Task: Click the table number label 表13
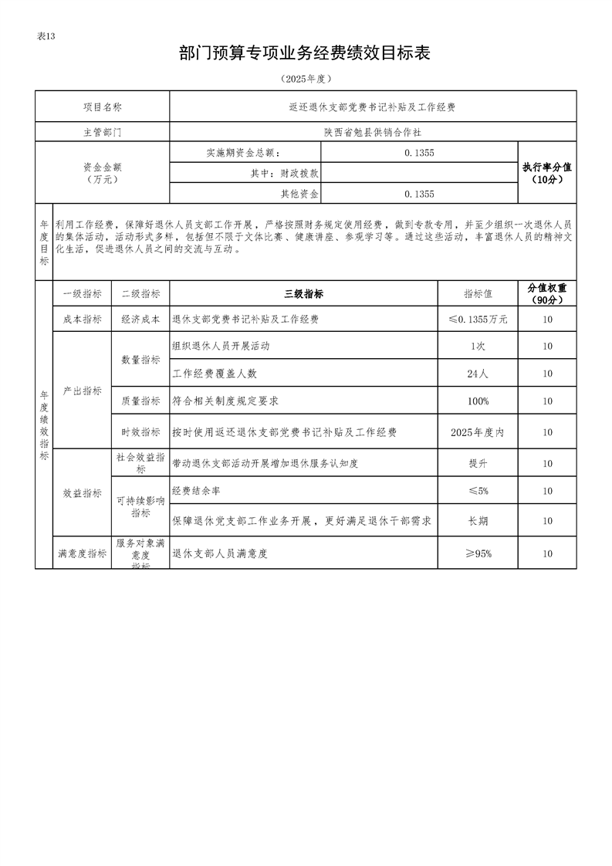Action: [46, 36]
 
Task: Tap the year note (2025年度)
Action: [306, 79]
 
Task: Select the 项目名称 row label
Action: [102, 107]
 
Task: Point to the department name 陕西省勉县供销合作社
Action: [372, 132]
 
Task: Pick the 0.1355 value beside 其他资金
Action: [419, 194]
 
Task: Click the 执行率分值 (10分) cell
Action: [546, 173]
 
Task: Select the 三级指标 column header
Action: [303, 294]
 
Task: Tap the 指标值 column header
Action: [478, 294]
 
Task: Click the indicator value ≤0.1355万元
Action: [478, 320]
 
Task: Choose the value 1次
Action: [478, 347]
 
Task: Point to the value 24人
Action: [478, 374]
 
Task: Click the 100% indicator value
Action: [478, 401]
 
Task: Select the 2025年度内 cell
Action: [478, 433]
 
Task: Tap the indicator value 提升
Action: [478, 464]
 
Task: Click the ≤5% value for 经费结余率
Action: [478, 491]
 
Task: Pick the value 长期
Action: [478, 521]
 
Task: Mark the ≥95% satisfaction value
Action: [478, 553]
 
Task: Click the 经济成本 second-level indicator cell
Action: [140, 320]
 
